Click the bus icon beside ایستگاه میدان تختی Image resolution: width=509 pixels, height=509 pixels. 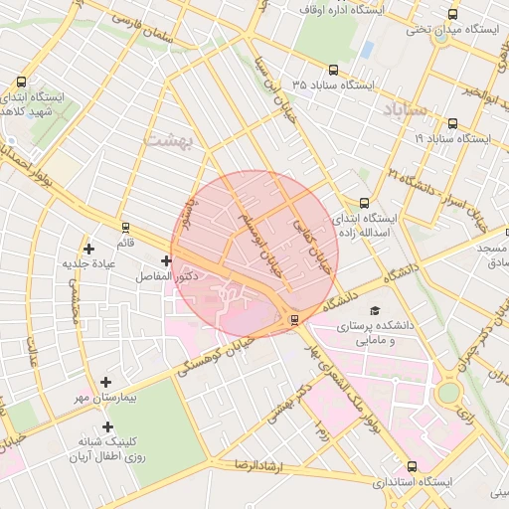pyautogui.click(x=453, y=15)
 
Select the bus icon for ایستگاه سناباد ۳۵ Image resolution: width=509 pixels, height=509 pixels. pyautogui.click(x=332, y=71)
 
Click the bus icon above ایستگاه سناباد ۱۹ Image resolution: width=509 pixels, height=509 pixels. pyautogui.click(x=453, y=124)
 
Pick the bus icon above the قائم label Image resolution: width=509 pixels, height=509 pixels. pyautogui.click(x=125, y=227)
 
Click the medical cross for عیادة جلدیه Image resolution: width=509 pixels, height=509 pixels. pyautogui.click(x=89, y=249)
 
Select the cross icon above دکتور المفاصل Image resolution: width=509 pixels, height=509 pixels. pyautogui.click(x=166, y=260)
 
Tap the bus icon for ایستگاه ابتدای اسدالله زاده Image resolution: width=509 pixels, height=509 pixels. pyautogui.click(x=364, y=203)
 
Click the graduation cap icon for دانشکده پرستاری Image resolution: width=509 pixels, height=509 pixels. pyautogui.click(x=375, y=310)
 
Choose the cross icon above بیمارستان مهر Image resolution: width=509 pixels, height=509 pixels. pyautogui.click(x=107, y=382)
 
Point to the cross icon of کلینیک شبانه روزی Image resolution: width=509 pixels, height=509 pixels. pyautogui.click(x=107, y=425)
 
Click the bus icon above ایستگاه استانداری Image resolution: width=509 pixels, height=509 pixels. pyautogui.click(x=413, y=465)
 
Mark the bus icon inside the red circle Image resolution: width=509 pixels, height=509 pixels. pyautogui.click(x=293, y=319)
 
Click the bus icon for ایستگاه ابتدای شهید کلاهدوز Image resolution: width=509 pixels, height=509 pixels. pyautogui.click(x=23, y=83)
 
